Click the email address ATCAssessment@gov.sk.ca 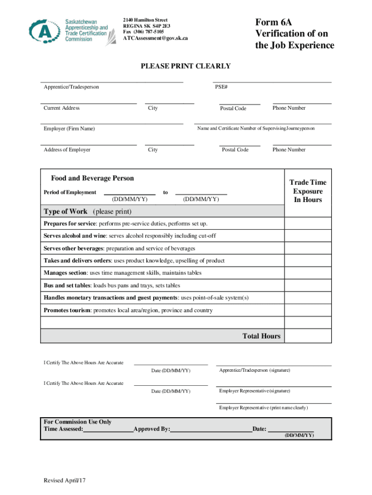[x=155, y=38]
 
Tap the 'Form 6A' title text [x=273, y=23]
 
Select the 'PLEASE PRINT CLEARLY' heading [x=186, y=66]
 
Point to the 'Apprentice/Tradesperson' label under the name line [x=71, y=87]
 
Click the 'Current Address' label [x=61, y=108]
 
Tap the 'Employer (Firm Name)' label [x=69, y=129]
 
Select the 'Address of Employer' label [x=67, y=150]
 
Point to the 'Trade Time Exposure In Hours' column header [x=308, y=191]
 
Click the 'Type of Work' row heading [x=66, y=211]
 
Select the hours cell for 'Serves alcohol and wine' [x=308, y=236]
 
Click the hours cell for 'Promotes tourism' [x=308, y=310]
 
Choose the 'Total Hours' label [x=261, y=336]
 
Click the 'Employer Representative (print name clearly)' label [x=263, y=408]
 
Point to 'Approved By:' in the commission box [x=152, y=429]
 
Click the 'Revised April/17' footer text [x=64, y=480]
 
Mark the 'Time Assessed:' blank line [x=108, y=429]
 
